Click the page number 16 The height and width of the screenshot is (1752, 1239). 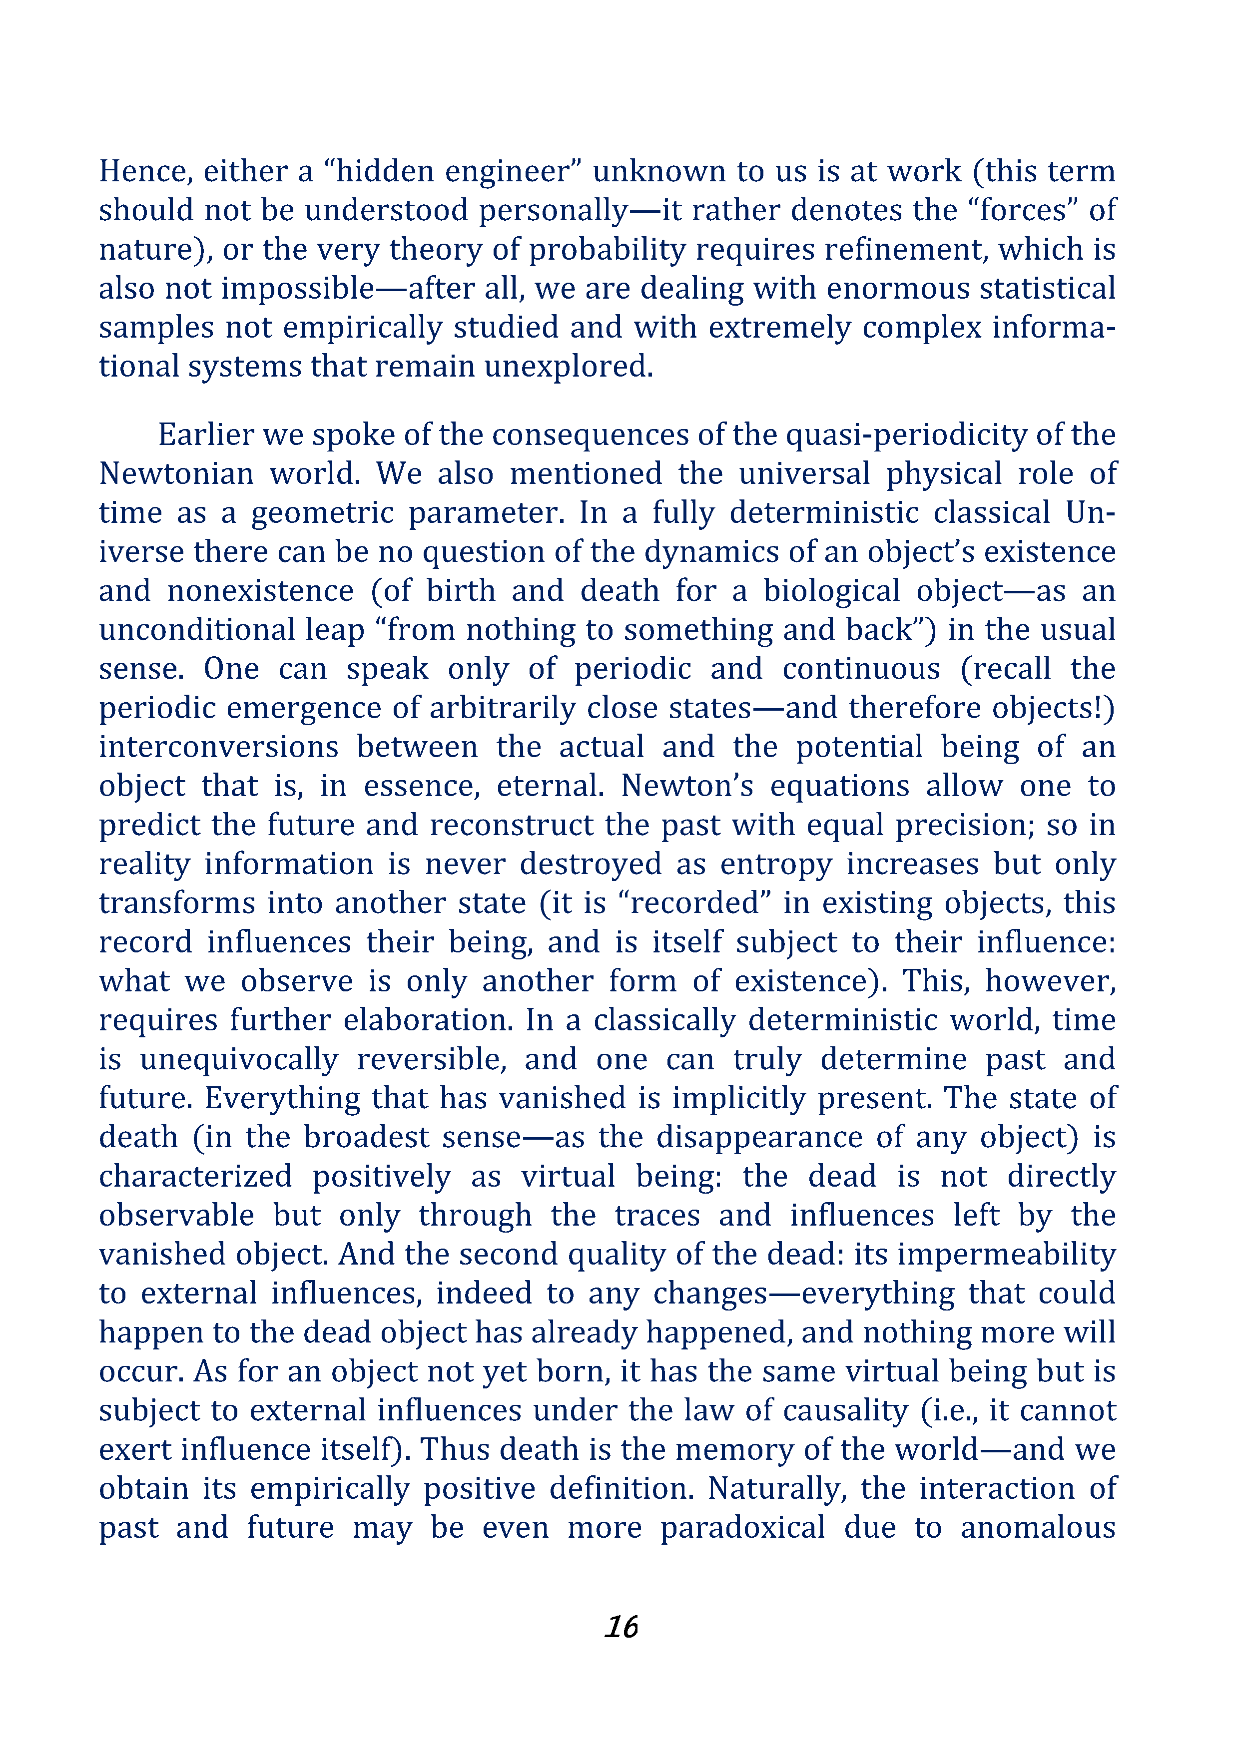(x=620, y=1626)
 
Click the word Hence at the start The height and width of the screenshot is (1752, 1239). (x=144, y=172)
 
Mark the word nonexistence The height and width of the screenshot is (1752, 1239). (x=260, y=591)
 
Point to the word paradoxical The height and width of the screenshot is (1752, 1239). (x=743, y=1528)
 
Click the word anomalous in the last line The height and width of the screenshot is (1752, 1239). (x=1038, y=1528)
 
